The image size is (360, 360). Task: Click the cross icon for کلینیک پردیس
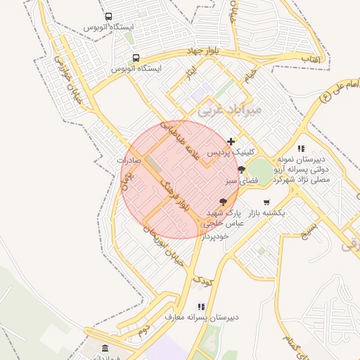click(x=231, y=142)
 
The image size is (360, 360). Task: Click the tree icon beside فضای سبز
click(x=241, y=169)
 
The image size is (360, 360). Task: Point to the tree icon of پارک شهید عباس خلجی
click(x=224, y=202)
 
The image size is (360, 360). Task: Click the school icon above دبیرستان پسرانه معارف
click(x=201, y=307)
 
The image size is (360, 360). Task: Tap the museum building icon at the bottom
click(x=105, y=348)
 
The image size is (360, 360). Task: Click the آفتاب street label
click(x=310, y=60)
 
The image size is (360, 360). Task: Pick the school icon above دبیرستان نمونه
click(x=301, y=148)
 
